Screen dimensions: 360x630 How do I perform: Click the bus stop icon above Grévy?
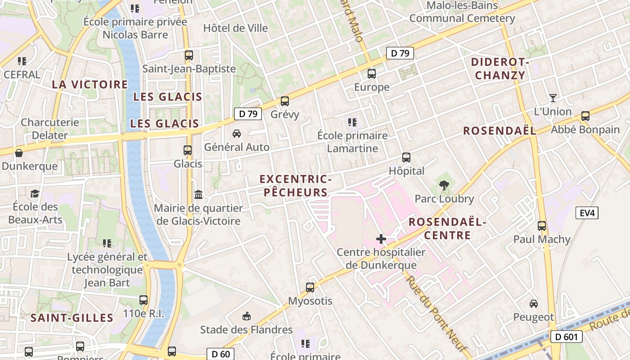[x=284, y=101]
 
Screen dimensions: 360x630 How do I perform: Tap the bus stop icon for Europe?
[x=372, y=74]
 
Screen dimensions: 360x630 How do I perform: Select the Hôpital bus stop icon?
[x=406, y=157]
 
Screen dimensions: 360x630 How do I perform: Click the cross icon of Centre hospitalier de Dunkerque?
[x=381, y=239]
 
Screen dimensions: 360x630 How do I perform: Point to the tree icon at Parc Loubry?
[x=444, y=185]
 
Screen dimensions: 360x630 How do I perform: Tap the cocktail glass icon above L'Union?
[x=553, y=98]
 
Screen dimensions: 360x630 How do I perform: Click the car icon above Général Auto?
[x=236, y=134]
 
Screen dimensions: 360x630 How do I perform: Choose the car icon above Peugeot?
[x=534, y=304]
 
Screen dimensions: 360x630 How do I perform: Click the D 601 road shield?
[x=566, y=337]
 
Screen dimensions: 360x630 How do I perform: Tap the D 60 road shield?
[x=220, y=354]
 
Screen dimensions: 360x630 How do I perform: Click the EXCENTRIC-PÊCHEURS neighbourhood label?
[x=296, y=186]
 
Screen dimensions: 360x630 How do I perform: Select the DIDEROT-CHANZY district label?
[x=500, y=69]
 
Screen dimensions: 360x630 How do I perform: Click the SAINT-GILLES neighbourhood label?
[x=72, y=318]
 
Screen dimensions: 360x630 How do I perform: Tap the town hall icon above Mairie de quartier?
[x=198, y=194]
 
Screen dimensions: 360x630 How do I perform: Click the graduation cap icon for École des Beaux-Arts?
[x=35, y=193]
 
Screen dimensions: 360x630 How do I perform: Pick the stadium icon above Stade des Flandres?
[x=246, y=316]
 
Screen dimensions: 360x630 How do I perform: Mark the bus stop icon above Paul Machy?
[x=542, y=226]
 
